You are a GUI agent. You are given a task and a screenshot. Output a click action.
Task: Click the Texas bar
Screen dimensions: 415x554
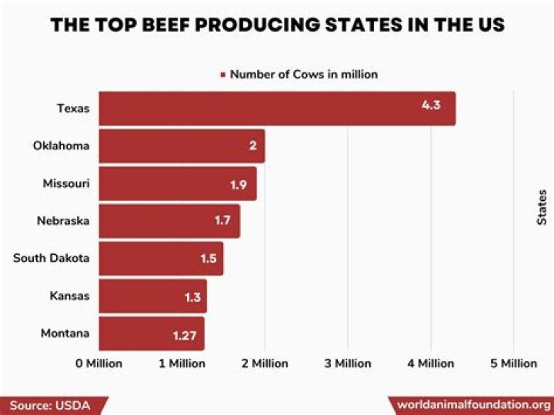277,109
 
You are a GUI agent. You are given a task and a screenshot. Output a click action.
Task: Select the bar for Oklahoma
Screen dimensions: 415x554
182,146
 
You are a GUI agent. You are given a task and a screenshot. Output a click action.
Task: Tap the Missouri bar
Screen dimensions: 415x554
177,183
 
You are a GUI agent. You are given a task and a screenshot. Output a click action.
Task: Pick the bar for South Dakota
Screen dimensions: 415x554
161,258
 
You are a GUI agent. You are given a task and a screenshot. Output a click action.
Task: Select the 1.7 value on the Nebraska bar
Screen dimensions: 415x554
223,221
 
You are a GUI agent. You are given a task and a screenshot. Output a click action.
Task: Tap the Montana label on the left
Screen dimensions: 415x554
65,333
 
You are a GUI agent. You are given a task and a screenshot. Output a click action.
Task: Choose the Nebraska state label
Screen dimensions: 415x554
63,221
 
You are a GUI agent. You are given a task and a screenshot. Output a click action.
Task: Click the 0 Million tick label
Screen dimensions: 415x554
98,363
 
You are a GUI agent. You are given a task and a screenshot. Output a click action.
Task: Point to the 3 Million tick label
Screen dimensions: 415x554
348,363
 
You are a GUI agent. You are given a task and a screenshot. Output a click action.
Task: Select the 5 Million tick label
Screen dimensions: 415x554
513,363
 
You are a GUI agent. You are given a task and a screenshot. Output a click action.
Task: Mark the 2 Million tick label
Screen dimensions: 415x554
265,363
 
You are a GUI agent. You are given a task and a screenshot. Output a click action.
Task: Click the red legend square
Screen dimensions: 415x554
223,75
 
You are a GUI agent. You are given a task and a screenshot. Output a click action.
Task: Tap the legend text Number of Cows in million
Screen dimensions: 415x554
304,75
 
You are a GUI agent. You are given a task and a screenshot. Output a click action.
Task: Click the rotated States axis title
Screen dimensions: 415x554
542,207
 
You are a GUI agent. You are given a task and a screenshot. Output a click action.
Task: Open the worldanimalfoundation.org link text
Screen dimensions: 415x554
473,405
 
